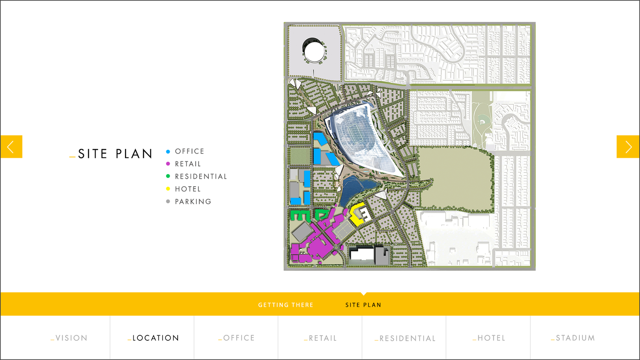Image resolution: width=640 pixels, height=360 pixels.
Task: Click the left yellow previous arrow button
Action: point(11,147)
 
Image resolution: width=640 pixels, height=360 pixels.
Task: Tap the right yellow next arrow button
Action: point(628,147)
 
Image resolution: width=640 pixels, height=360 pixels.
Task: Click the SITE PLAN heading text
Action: point(115,154)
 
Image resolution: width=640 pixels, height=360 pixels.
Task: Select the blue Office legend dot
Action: point(168,151)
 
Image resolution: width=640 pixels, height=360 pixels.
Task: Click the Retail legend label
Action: point(188,164)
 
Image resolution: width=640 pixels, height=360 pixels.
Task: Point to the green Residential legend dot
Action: point(168,176)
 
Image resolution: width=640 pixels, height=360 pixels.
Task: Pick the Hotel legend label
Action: point(188,189)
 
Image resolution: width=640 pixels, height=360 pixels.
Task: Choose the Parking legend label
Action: point(193,201)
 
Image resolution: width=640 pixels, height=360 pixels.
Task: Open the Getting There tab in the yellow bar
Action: point(286,305)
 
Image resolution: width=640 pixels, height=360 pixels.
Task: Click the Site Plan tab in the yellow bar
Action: point(363,305)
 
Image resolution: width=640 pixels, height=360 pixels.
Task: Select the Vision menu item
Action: point(69,338)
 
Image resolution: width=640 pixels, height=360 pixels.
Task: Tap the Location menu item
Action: point(153,338)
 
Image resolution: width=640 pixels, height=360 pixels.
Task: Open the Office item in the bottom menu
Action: point(237,338)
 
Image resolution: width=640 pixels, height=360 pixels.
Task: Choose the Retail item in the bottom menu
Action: point(320,338)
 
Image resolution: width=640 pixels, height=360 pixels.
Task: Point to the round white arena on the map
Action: point(314,52)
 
